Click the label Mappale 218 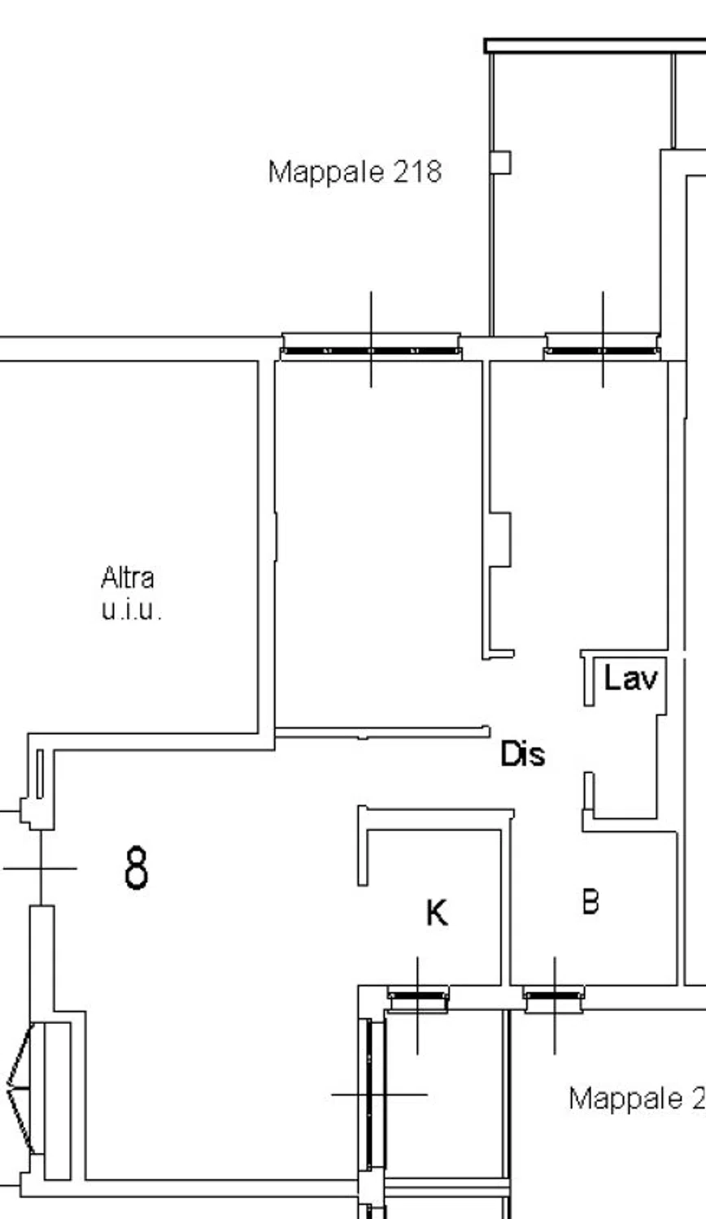[355, 172]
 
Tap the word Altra [128, 577]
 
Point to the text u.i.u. [131, 610]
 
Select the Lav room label [631, 679]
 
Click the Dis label [522, 754]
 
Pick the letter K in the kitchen [437, 913]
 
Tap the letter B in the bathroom [591, 901]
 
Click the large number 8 [136, 867]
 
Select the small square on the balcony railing [500, 163]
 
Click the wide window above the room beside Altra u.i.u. [371, 347]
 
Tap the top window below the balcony [602, 347]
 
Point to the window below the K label [418, 999]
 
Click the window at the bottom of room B [555, 999]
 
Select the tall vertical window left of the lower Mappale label [372, 1094]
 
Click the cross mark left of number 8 [41, 869]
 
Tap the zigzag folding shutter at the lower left [20, 1088]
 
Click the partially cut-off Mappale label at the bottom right [637, 1098]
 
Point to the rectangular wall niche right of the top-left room [500, 540]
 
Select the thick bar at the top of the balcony [595, 46]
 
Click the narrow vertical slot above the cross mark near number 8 [40, 774]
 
